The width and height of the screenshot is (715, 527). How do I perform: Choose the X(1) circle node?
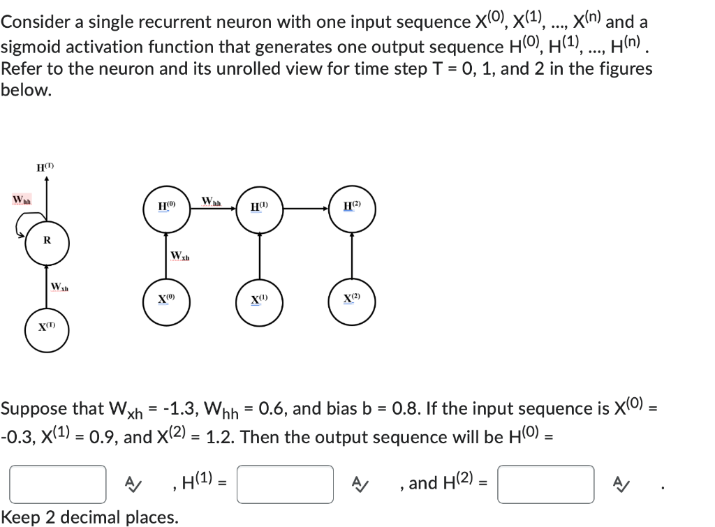[x=260, y=302]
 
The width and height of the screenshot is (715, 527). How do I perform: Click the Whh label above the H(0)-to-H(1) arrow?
[x=211, y=202]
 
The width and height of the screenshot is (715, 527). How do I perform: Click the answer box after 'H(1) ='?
[x=285, y=484]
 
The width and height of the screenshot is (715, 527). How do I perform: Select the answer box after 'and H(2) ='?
[x=546, y=484]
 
